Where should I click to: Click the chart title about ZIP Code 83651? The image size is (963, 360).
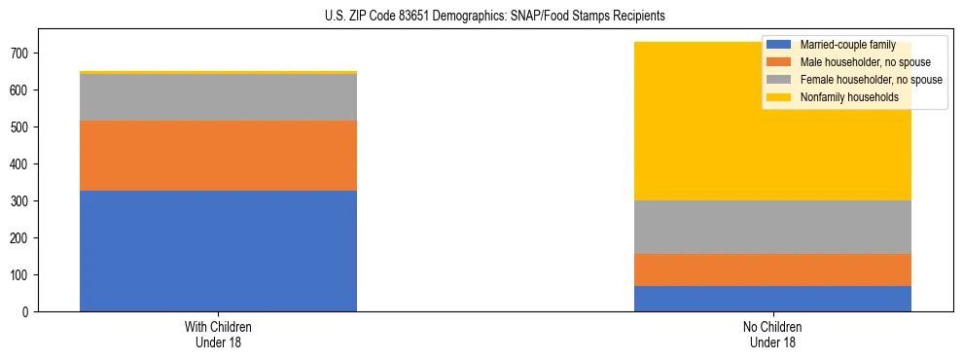(481, 17)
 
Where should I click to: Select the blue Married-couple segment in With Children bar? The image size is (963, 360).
(218, 251)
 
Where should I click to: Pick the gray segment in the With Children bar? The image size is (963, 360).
(218, 97)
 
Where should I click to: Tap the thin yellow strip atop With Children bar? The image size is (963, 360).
(218, 72)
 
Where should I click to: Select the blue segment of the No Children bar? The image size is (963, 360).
(772, 299)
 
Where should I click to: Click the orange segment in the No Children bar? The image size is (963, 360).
(772, 270)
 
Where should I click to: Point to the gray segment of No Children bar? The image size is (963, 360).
(772, 227)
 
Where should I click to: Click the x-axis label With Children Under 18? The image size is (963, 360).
(218, 334)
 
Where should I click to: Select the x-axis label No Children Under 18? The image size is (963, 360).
(772, 334)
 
